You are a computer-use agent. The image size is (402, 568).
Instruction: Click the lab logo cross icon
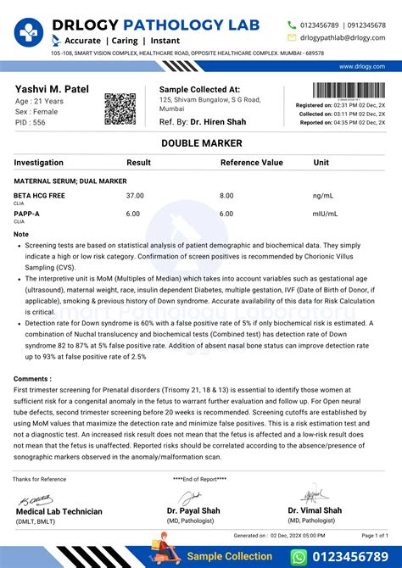pos(27,31)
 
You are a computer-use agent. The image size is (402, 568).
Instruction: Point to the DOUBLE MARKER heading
pos(200,143)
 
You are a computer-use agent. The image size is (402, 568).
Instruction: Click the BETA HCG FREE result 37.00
pos(135,195)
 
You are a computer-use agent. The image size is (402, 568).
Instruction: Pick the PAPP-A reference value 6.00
pos(226,214)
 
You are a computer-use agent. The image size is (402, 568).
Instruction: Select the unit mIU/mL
pos(326,214)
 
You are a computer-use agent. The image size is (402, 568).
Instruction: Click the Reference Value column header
pos(252,162)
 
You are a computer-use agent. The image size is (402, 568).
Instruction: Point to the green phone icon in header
pos(292,25)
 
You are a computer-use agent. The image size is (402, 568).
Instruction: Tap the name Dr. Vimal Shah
pos(315,510)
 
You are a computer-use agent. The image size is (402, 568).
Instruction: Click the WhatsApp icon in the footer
pos(298,556)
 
